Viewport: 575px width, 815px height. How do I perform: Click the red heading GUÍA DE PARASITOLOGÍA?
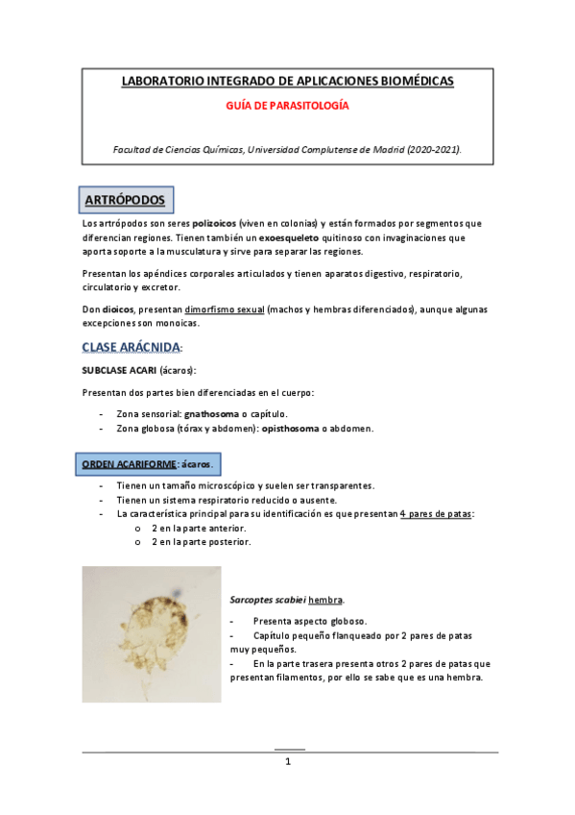(287, 106)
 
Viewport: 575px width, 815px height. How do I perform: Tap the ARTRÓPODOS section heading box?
(124, 200)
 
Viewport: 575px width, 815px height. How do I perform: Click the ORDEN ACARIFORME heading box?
(148, 463)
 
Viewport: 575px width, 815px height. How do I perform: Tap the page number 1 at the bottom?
(287, 762)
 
